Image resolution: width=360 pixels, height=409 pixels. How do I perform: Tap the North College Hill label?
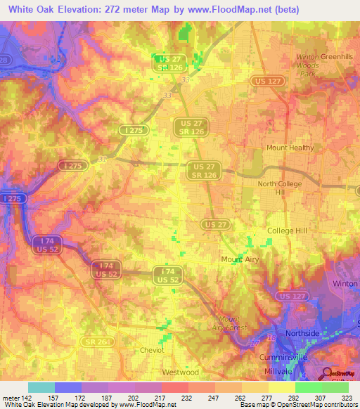(281, 188)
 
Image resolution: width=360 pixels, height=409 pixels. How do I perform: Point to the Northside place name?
(303, 333)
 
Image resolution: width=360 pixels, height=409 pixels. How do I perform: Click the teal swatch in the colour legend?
(41, 387)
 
